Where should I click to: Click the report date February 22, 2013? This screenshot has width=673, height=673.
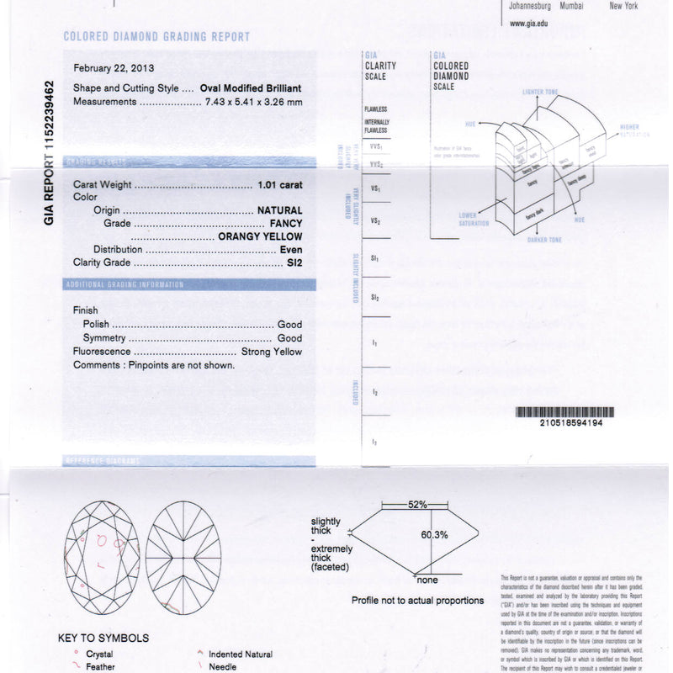tap(114, 68)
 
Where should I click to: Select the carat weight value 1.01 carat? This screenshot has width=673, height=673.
tap(279, 183)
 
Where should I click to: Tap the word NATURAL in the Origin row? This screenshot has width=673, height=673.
tap(279, 210)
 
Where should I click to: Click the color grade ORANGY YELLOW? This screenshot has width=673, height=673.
tap(260, 236)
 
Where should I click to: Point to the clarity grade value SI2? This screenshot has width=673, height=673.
tap(294, 262)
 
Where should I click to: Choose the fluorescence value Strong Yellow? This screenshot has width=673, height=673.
tap(271, 352)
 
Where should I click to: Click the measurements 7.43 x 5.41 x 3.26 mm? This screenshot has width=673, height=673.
tap(253, 102)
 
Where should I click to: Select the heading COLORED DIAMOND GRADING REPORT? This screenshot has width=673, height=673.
tap(156, 37)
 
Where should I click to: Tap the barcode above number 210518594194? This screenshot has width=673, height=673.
tap(564, 412)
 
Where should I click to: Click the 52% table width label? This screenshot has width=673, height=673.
tap(417, 505)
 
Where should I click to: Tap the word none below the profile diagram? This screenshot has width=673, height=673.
tap(427, 580)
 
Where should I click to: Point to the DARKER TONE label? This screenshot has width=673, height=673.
tap(544, 240)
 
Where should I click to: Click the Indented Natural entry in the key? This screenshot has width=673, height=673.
tap(240, 654)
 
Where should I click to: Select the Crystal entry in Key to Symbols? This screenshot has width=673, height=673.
tap(99, 654)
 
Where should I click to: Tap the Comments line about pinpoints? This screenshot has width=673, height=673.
tap(154, 365)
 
